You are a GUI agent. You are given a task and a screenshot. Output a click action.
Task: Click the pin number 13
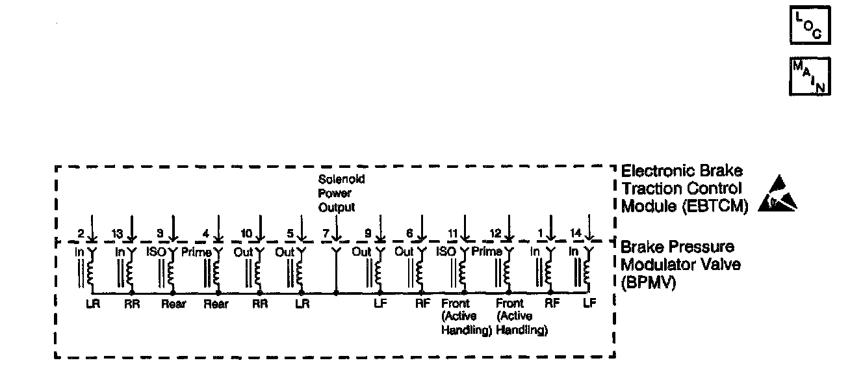coord(117,234)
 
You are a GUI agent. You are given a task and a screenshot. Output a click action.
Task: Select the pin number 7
coord(326,234)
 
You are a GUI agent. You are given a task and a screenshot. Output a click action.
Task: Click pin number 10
coord(247,234)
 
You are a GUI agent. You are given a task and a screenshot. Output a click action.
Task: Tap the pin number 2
coord(81,234)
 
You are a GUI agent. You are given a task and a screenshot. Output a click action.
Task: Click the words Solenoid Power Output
coord(337,193)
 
